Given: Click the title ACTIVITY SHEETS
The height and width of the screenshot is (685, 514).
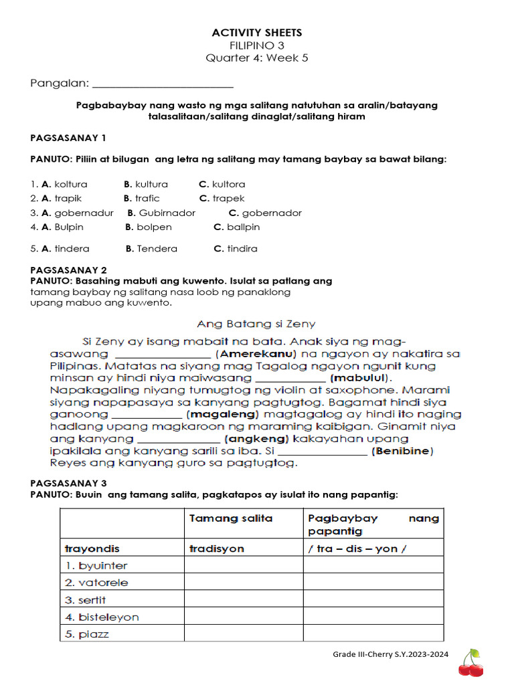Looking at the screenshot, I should tap(257, 33).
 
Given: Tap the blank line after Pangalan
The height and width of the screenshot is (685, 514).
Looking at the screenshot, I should tap(163, 84).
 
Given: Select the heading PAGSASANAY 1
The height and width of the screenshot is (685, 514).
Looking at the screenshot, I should tap(68, 138).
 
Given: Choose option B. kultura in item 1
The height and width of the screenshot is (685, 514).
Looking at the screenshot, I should tap(146, 184).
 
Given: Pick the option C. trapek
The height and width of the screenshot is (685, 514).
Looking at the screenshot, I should tap(222, 198).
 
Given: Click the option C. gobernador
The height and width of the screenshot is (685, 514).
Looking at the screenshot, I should tap(265, 213).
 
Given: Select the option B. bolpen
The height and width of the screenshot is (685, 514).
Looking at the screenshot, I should tap(149, 227).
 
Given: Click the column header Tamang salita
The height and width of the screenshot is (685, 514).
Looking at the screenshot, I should tap(231, 518).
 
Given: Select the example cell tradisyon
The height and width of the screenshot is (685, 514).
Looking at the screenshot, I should tap(217, 549).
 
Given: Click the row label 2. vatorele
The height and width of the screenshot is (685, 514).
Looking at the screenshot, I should tap(96, 582).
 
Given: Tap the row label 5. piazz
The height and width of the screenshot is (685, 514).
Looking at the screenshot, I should tap(87, 633).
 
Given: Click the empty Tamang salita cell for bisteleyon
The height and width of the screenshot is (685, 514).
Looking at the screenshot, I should tap(244, 616).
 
